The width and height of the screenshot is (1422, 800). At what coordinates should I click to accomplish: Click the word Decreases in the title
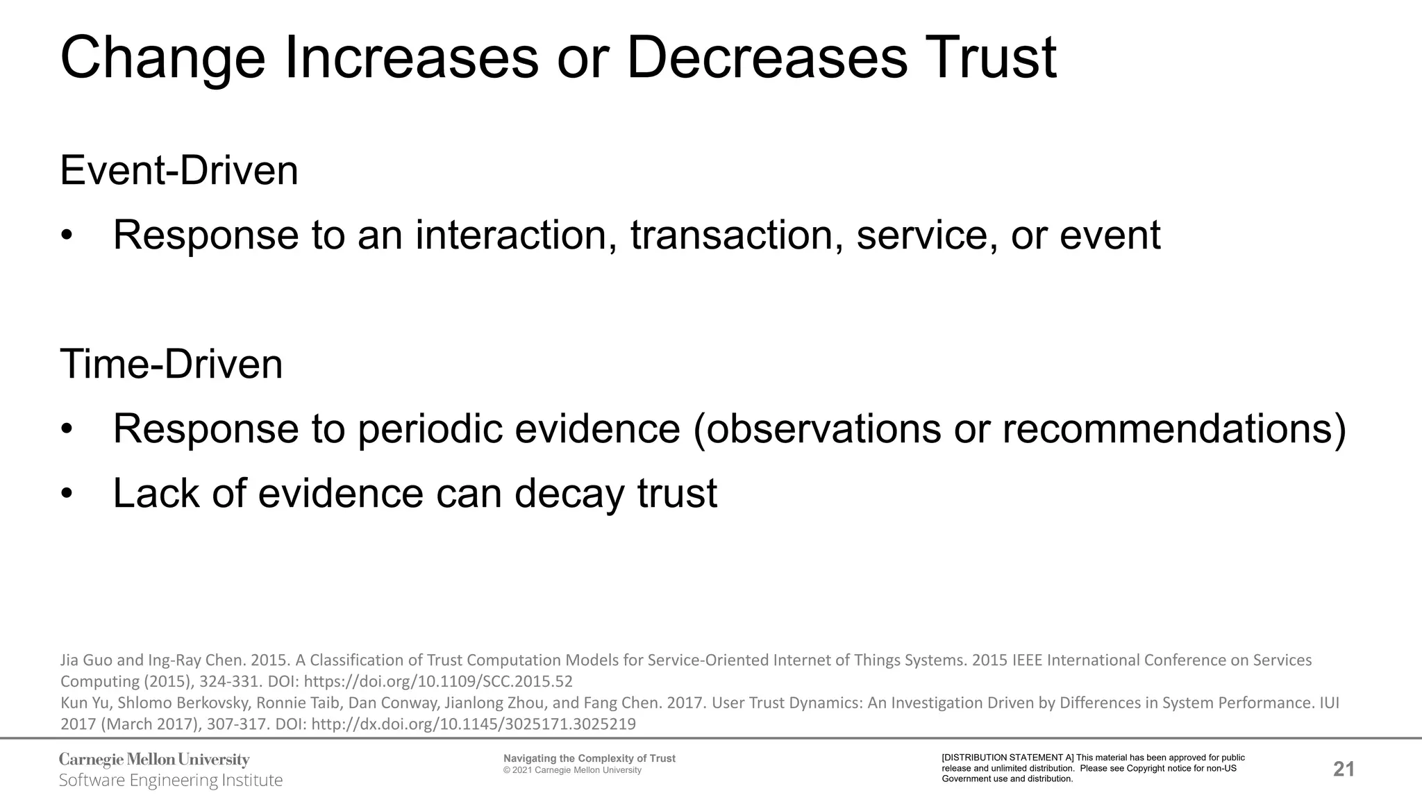pyautogui.click(x=767, y=58)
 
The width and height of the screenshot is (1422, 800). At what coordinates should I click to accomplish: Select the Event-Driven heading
pyautogui.click(x=179, y=171)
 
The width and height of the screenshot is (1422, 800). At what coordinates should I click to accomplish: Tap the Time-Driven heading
pyautogui.click(x=172, y=365)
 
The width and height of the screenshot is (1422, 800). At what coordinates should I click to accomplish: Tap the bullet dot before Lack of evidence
pyautogui.click(x=67, y=494)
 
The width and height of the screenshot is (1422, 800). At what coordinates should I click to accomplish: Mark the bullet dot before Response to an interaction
pyautogui.click(x=67, y=236)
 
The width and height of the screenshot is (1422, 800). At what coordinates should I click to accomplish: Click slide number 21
pyautogui.click(x=1344, y=769)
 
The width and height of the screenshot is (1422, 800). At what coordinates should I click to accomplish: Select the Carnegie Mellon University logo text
pyautogui.click(x=154, y=760)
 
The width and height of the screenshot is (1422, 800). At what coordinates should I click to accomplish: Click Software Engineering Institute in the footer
pyautogui.click(x=171, y=781)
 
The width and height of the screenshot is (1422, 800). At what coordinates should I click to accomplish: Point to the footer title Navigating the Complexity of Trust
pyautogui.click(x=589, y=758)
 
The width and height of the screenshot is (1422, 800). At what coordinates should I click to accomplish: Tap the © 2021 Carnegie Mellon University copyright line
pyautogui.click(x=572, y=770)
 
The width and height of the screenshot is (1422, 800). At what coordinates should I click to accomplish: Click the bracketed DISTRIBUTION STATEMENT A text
pyautogui.click(x=1007, y=758)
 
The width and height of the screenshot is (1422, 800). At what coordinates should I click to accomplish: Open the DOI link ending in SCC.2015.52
pyautogui.click(x=438, y=681)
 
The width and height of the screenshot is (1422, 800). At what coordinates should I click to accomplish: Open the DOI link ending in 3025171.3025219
pyautogui.click(x=474, y=724)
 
